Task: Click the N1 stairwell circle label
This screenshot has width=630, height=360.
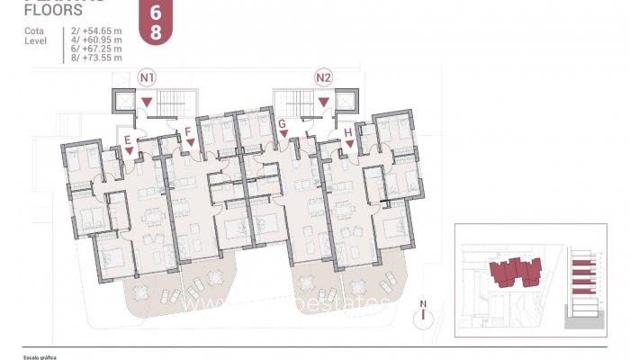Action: (148, 78)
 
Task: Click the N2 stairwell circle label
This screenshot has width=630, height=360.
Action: (324, 78)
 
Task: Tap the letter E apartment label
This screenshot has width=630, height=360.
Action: (129, 139)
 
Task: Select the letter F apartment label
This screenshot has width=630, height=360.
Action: (188, 132)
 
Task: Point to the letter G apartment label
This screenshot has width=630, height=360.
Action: (283, 123)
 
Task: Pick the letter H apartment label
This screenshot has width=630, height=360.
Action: (348, 132)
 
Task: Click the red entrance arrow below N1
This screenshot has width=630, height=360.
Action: (148, 103)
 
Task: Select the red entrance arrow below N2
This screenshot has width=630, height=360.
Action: (324, 103)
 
